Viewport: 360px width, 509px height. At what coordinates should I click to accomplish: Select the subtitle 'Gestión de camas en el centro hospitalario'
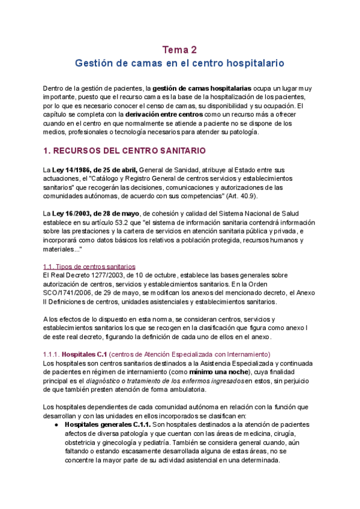tap(180, 62)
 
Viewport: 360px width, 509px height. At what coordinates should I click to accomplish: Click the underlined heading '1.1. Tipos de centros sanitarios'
tap(89, 266)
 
